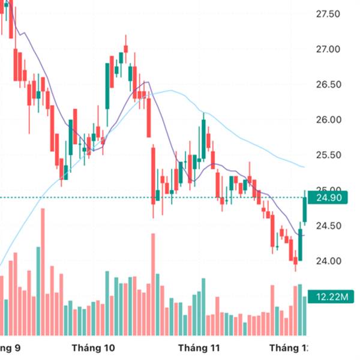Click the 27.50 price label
click(x=328, y=14)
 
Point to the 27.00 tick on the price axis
click(x=328, y=49)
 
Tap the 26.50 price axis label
click(x=328, y=85)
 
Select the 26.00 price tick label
click(x=328, y=120)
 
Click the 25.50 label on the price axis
click(x=328, y=155)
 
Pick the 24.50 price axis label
click(x=328, y=226)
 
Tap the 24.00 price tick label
click(x=328, y=261)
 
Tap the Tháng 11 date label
click(x=200, y=348)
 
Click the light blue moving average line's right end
click(x=304, y=167)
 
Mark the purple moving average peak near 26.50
click(x=146, y=82)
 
